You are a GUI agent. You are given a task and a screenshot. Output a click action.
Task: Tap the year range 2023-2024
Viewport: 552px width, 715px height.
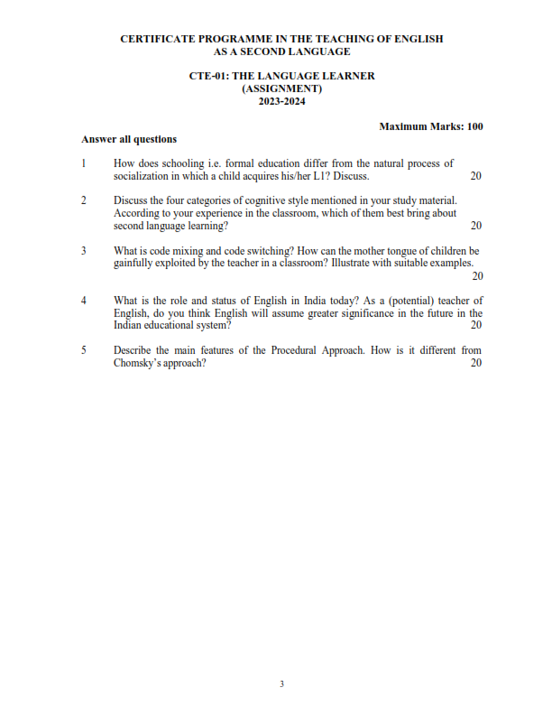pos(281,101)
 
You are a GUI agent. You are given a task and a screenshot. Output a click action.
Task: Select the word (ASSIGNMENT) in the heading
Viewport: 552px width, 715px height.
pos(281,88)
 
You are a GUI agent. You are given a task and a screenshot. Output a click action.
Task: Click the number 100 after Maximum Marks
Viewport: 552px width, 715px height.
pos(474,126)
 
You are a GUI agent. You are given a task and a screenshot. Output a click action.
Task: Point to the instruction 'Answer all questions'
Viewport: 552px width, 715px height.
pos(129,139)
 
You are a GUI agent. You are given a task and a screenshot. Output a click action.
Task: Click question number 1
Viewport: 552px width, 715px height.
pos(83,163)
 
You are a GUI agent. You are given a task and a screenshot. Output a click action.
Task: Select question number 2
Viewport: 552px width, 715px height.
pos(83,200)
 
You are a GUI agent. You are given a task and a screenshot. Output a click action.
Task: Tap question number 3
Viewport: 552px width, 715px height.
pos(83,250)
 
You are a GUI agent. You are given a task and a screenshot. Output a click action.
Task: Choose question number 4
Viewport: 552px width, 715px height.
pos(83,300)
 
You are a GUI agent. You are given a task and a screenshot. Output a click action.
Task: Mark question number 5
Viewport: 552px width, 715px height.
pos(83,349)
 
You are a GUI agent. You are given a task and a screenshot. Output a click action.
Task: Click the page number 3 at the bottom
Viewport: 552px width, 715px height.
pos(281,684)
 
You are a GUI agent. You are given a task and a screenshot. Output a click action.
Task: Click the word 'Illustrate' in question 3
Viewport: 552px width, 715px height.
pos(354,263)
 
